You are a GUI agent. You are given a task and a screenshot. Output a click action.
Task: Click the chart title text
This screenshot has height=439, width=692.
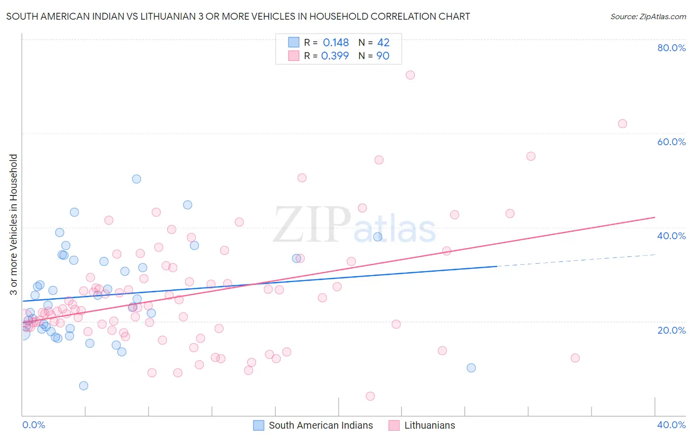point(238,16)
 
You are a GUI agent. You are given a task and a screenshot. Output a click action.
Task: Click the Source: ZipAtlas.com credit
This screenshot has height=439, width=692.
point(648,16)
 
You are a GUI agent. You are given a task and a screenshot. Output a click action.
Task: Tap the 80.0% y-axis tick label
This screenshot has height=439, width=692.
point(671,48)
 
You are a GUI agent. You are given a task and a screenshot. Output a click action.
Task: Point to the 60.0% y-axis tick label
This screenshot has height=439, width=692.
point(671,142)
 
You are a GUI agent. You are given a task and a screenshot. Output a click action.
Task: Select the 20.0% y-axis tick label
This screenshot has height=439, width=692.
point(671,330)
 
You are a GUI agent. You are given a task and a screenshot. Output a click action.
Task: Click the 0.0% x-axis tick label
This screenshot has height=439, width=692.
point(33,425)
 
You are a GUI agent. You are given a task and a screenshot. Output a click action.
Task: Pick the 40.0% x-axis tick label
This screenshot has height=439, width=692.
point(671,425)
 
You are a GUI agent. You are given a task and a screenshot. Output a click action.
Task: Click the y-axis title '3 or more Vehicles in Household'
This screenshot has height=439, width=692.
point(13,224)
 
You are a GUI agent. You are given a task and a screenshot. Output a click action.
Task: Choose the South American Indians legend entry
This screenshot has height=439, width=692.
point(313,425)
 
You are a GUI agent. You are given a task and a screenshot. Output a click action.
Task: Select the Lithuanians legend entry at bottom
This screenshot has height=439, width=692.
point(422,425)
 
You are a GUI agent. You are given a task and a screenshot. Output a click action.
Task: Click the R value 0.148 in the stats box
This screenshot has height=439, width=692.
point(336,43)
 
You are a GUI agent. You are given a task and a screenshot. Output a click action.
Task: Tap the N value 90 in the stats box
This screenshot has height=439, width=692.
point(382,56)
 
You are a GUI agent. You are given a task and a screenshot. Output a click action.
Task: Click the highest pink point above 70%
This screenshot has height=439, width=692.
point(410,75)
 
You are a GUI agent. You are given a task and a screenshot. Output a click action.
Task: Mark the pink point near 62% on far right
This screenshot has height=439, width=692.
point(622,124)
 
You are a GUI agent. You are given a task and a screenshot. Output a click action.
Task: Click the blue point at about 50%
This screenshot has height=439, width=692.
point(136,179)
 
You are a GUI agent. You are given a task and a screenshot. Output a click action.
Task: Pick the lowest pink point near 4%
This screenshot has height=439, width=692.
point(370,396)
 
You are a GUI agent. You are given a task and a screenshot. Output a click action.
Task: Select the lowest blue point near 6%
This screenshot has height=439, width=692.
point(84,385)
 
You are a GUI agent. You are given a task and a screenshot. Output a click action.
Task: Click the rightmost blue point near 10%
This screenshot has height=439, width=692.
point(471,368)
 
